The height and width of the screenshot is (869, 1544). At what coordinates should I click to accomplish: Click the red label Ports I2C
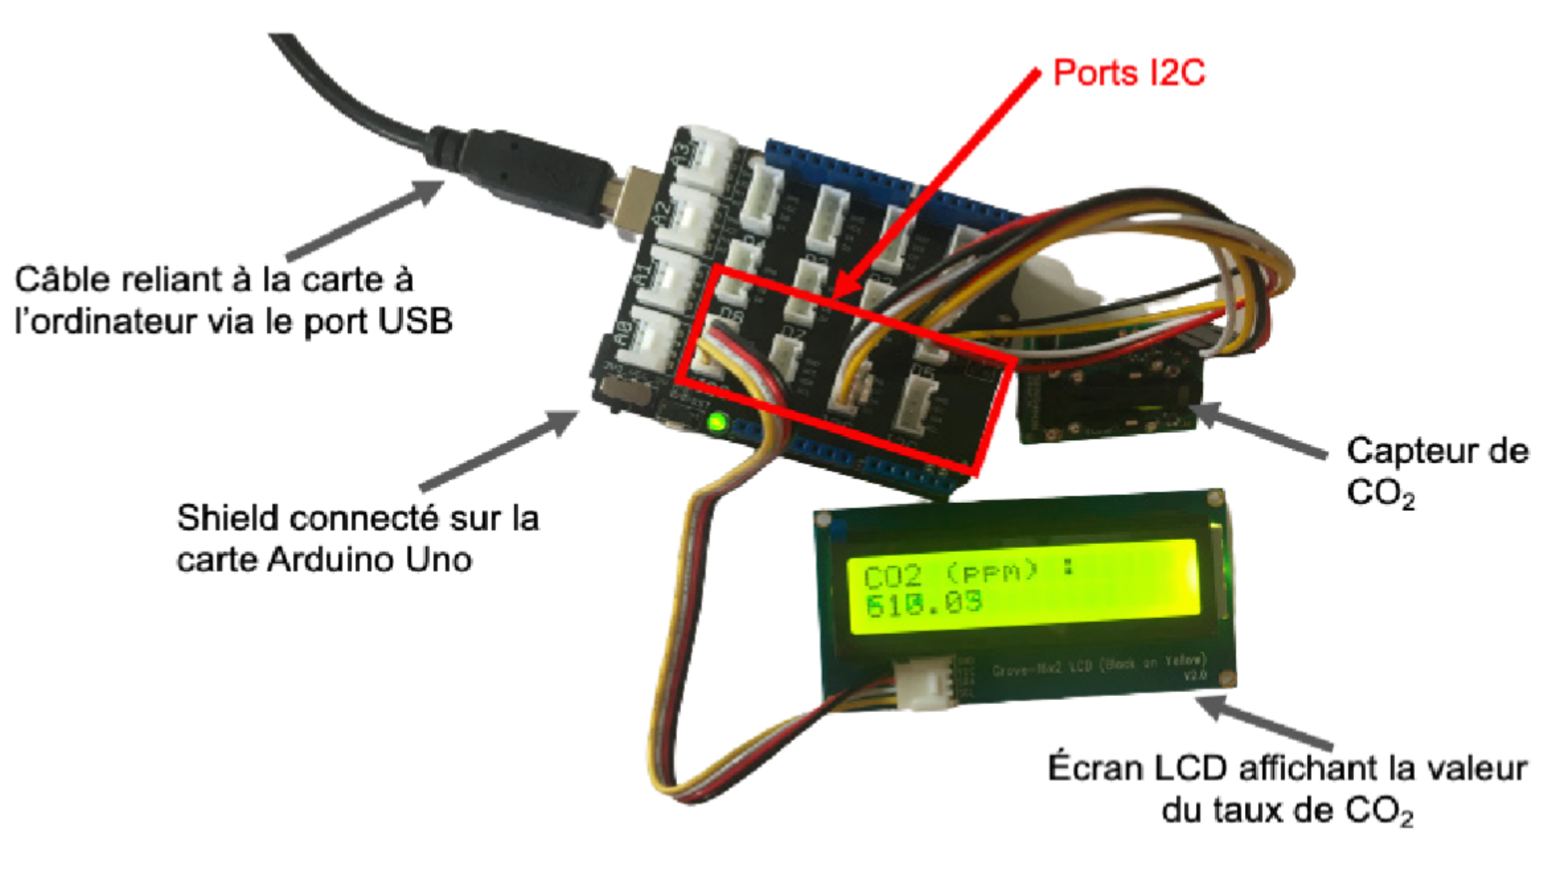click(1128, 73)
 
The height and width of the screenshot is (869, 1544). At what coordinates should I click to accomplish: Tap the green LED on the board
click(715, 422)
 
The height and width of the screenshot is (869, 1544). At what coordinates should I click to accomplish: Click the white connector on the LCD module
click(925, 682)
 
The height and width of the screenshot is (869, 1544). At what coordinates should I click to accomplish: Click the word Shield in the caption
click(227, 518)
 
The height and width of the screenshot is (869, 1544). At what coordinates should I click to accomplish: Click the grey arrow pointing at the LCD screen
click(1263, 722)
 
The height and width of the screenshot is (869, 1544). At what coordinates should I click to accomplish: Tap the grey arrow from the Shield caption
click(499, 451)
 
